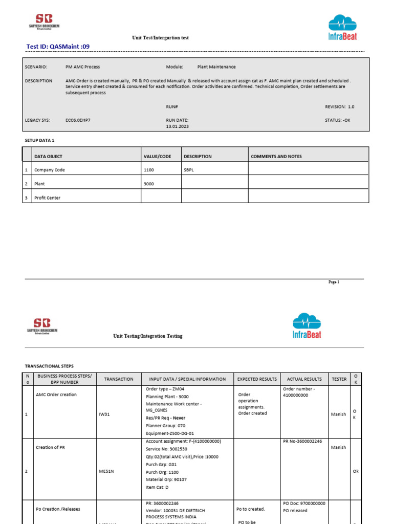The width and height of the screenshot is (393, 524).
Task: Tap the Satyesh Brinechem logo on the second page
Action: click(42, 325)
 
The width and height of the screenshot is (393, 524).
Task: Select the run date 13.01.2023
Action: click(178, 126)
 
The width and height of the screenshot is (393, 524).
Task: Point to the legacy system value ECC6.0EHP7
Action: click(79, 120)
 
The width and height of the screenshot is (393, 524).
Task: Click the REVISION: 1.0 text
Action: click(339, 107)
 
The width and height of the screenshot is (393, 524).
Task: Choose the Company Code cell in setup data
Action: click(50, 170)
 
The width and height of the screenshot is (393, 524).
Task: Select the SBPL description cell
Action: click(189, 170)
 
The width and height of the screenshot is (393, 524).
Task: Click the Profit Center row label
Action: click(47, 198)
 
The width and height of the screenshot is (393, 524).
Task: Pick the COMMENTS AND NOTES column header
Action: click(276, 157)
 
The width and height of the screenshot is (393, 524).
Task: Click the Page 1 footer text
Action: click(334, 282)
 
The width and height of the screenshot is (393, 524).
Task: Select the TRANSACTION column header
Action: click(119, 379)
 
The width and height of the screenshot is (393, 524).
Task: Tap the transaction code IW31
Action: click(104, 414)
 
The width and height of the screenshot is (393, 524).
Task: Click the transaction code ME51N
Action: click(106, 471)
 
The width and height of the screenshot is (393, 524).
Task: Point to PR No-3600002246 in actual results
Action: click(302, 441)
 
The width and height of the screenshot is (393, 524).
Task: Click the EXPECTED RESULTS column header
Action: click(257, 379)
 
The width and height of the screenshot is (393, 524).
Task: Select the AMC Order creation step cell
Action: click(56, 395)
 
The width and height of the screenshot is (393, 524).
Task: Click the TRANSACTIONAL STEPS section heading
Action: click(49, 366)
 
